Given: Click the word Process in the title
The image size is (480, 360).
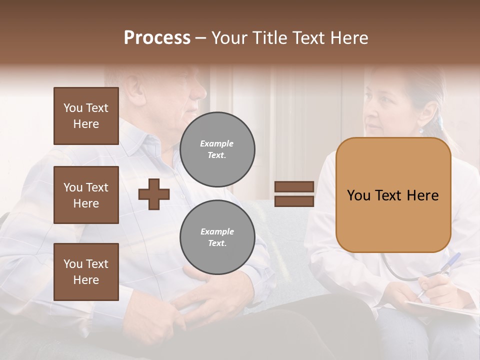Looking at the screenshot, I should [157, 38].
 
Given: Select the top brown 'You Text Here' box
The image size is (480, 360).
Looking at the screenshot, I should [86, 116].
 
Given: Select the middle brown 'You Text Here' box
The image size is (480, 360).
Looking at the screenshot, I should [86, 195].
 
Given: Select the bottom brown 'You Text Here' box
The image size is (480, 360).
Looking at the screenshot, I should [86, 272].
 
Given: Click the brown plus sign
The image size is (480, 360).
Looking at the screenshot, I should [153, 194].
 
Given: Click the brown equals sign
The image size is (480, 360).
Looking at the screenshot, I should [294, 194].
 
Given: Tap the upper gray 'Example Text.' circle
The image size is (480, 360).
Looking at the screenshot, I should [217, 149].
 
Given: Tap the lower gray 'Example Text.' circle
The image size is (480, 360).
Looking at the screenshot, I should [217, 237].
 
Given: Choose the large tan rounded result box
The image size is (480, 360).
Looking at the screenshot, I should [393, 195].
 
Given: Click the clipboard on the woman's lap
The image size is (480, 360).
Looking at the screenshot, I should [440, 308].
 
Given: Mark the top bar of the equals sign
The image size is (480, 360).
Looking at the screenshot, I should [294, 186].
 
